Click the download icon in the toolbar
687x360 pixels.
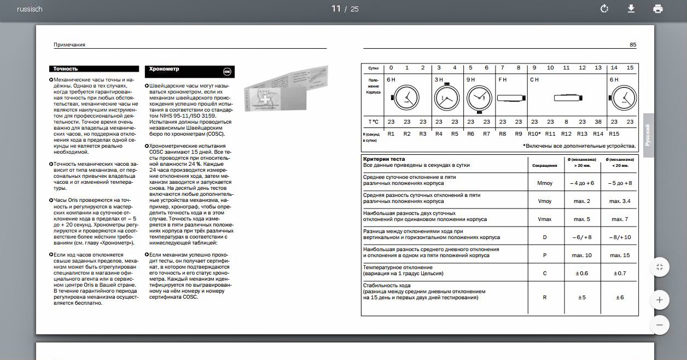631,9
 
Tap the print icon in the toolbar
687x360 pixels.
658,9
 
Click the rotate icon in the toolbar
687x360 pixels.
604,9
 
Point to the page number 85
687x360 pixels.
633,45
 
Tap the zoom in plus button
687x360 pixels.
659,300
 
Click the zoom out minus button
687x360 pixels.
659,325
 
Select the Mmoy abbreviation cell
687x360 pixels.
545,183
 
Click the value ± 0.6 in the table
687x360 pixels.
582,273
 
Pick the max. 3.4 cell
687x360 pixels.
620,201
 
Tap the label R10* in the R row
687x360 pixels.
534,134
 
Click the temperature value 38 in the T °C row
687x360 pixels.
598,122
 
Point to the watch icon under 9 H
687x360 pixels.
479,98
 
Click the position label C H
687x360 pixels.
534,80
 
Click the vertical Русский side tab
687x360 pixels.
648,135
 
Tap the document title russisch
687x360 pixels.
30,9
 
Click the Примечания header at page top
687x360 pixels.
69,45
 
